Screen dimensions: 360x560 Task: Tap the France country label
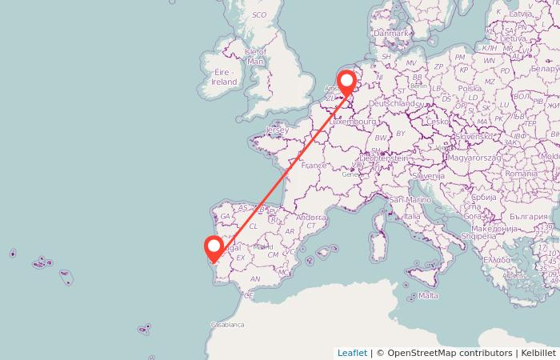(314, 166)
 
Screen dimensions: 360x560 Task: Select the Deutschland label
(394, 104)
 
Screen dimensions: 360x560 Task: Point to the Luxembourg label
(353, 122)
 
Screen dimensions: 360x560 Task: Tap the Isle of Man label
(255, 56)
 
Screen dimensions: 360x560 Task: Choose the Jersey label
(277, 130)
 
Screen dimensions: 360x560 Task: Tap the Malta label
(429, 296)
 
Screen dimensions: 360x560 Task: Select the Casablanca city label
(226, 325)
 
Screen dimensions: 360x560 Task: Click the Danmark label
(391, 34)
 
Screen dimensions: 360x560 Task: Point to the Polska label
(470, 89)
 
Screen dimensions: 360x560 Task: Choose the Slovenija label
(429, 174)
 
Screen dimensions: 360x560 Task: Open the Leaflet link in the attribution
(352, 353)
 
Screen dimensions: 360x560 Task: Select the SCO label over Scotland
(258, 15)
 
